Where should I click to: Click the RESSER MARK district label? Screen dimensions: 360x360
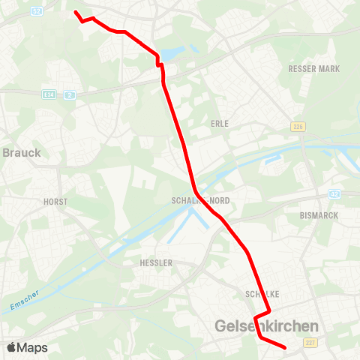313,69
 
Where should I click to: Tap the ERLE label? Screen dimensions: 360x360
220,123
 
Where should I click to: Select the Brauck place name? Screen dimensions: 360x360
22,152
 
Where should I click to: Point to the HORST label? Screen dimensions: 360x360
55,202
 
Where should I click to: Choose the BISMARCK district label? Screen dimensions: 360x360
319,215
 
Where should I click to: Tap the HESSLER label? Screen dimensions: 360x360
156,263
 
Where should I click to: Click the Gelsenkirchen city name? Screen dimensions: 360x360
266,326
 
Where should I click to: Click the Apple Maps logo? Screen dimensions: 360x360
27,347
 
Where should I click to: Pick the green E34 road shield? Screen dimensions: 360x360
49,94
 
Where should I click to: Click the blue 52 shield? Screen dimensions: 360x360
37,10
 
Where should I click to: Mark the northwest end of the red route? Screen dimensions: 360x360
75,12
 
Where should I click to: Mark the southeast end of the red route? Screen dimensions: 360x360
286,348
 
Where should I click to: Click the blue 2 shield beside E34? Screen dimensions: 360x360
69,94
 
